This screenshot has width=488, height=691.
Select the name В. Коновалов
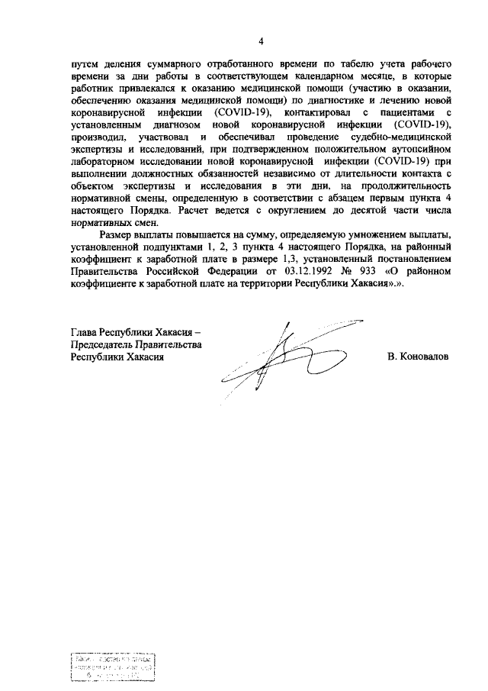417,356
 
